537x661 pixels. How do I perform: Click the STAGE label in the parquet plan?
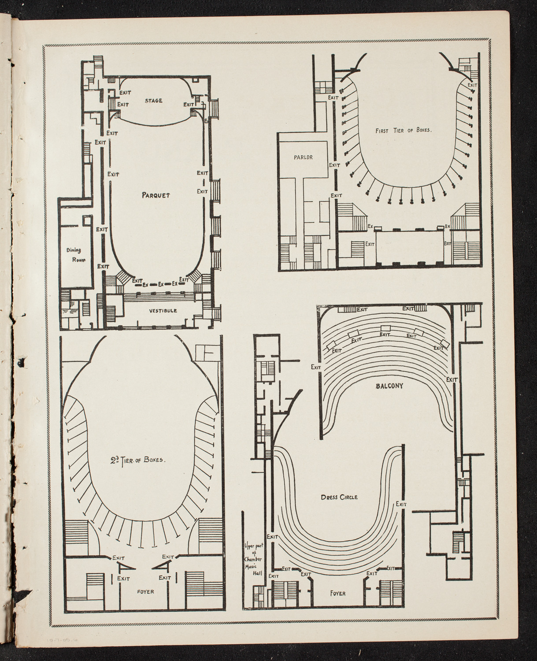(153, 101)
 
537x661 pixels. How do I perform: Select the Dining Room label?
(76, 255)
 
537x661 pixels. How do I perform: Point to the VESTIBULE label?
(163, 311)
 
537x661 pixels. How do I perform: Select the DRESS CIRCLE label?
(339, 498)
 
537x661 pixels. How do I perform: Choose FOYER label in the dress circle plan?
(337, 593)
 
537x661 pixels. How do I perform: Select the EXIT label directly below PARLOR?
(334, 165)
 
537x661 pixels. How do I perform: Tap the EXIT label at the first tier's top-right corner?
(472, 85)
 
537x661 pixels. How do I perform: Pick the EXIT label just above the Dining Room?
(102, 229)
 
